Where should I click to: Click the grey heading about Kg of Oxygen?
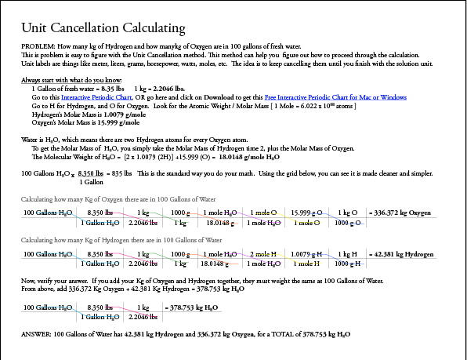(110, 198)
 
